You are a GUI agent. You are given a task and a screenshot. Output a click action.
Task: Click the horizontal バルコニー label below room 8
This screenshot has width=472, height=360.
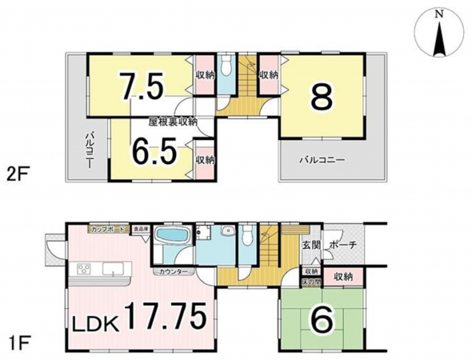[x=322, y=160]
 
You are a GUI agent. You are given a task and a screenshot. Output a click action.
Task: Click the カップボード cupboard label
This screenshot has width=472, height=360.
[x=107, y=230]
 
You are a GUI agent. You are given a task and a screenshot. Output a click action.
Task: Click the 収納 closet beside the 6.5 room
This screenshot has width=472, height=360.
[x=204, y=159]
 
